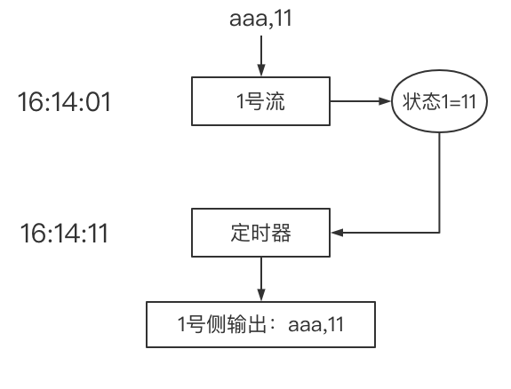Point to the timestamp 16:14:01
pos(65,102)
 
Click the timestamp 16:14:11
pos(65,235)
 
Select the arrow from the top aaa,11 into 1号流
pos(259,55)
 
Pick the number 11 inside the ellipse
pos(467,102)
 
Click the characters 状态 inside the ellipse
pos(416,102)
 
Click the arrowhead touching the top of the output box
pos(259,298)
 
